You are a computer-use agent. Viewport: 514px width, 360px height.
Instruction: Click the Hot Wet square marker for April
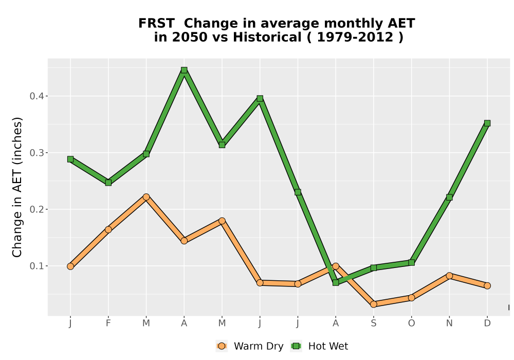[184, 70]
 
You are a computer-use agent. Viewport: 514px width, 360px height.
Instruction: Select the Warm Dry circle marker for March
[146, 197]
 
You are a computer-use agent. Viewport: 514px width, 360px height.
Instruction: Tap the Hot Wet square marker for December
[487, 123]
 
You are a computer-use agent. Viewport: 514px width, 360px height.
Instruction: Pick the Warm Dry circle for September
[373, 304]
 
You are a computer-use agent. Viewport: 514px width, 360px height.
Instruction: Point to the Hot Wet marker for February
[108, 183]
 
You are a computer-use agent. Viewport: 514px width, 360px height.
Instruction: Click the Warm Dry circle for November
[449, 276]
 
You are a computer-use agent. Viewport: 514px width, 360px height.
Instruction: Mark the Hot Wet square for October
[411, 263]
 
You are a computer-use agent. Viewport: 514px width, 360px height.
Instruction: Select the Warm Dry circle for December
[487, 285]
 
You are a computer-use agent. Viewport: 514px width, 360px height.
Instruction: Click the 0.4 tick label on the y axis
[36, 96]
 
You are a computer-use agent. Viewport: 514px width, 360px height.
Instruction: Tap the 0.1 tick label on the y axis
[36, 266]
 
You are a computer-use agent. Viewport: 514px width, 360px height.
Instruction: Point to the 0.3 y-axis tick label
[36, 153]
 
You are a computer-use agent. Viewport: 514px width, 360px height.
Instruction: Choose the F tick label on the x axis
[108, 323]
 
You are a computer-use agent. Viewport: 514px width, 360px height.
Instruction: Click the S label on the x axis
[373, 323]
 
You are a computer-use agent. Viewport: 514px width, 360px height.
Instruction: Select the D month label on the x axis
[487, 323]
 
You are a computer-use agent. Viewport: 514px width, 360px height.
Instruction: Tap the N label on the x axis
[449, 323]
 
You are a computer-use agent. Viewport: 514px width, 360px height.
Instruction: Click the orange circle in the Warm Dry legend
[222, 346]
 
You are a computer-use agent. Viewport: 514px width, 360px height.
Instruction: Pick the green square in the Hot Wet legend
[297, 346]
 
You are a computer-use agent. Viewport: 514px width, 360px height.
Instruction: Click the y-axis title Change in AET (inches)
[17, 187]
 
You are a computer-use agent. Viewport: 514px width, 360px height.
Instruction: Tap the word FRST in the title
[156, 23]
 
